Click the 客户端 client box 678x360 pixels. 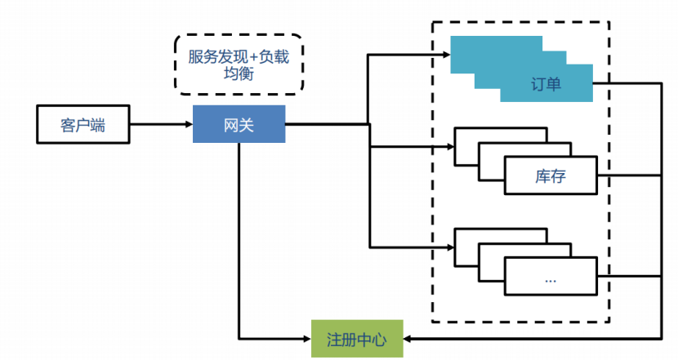[83, 125]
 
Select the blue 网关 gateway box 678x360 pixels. [239, 125]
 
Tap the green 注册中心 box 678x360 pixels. [357, 338]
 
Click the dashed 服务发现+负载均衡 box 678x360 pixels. [239, 64]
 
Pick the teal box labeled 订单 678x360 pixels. [546, 85]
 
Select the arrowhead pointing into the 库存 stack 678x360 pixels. [450, 147]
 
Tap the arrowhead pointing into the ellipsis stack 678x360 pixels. [450, 247]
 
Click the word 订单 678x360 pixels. [546, 85]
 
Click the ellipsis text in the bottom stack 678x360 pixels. [551, 278]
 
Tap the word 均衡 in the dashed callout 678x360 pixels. [239, 74]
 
